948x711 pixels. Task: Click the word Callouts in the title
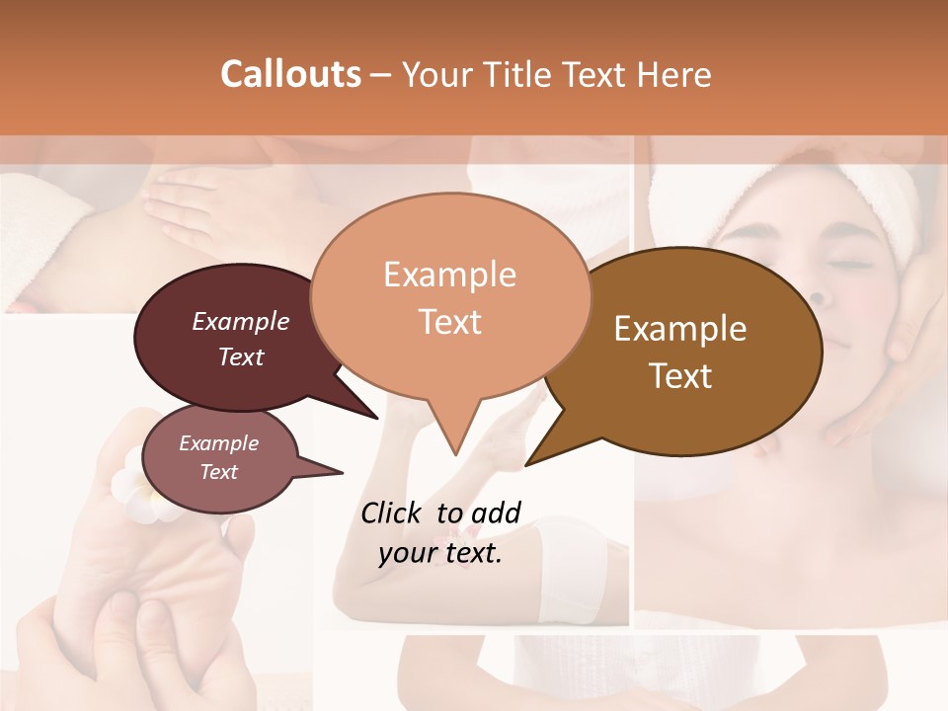coord(290,74)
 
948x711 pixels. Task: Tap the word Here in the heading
coord(673,74)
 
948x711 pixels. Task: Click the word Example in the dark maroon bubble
coord(241,321)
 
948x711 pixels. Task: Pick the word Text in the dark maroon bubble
coord(241,356)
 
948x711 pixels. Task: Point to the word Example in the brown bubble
coord(680,329)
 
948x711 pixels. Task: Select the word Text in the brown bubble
coord(680,376)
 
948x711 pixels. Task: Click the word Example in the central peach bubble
coord(449,275)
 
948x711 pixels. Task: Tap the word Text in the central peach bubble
coord(449,322)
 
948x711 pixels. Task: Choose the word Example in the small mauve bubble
coord(218,443)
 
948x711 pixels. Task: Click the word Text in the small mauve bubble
coord(218,472)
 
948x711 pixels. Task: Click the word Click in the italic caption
coord(392,513)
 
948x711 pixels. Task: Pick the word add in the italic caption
coord(496,513)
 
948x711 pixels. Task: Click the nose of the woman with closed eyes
coord(819,292)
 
